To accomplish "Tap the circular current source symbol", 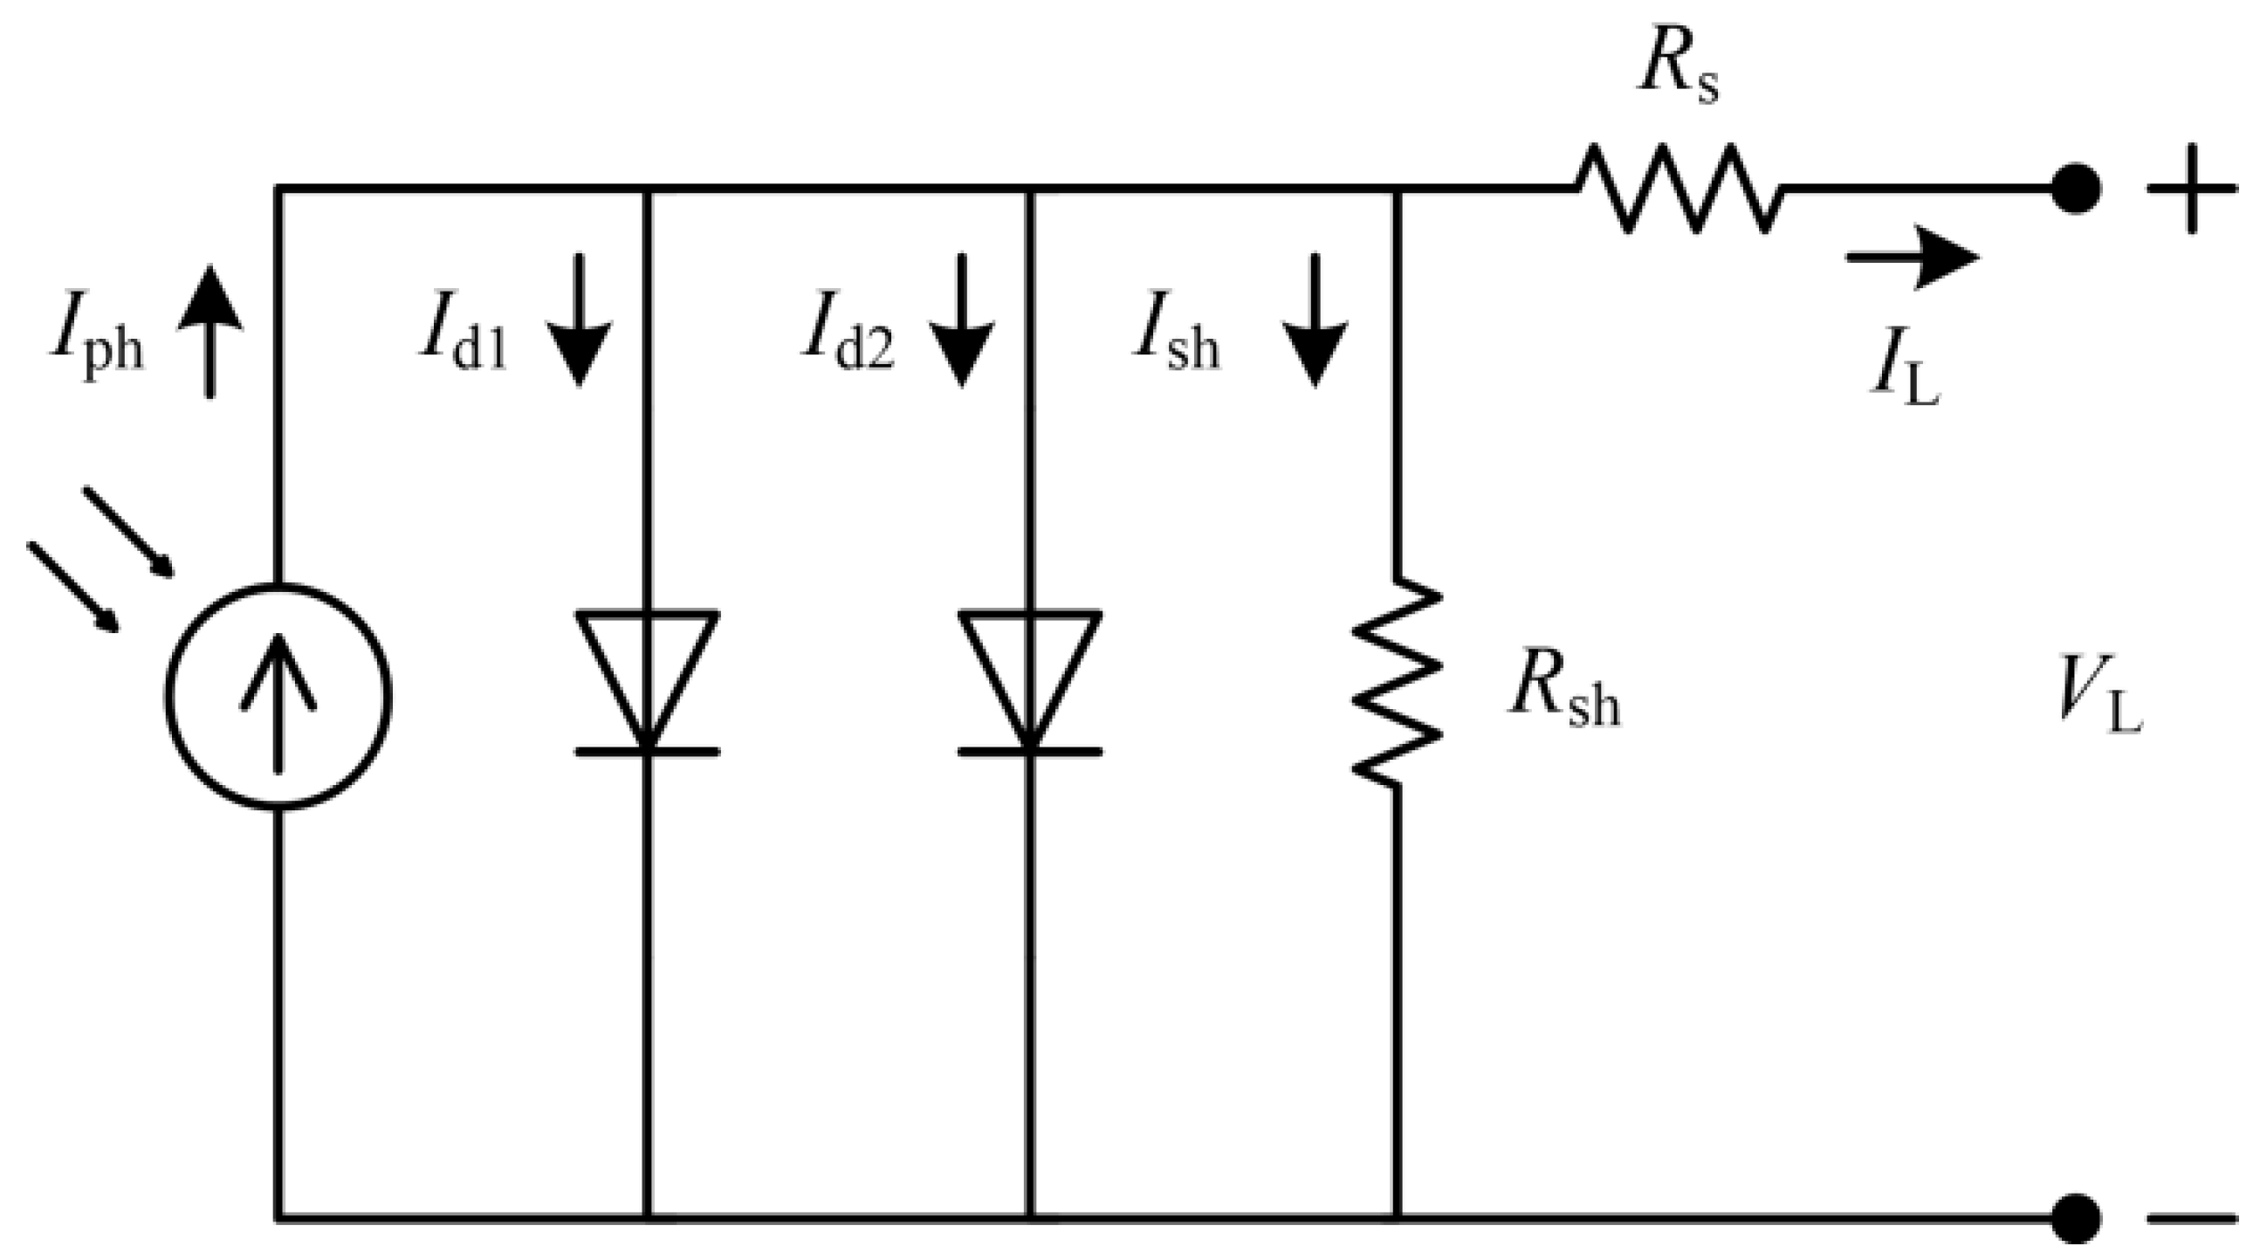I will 278,697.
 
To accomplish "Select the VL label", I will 2100,707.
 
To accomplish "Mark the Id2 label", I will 847,343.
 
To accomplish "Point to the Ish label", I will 1176,343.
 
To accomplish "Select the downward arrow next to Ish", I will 1315,320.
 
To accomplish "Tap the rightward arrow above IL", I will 1913,257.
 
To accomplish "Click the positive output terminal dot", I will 2076,189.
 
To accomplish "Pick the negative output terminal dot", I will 2076,1218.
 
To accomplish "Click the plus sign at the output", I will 2192,189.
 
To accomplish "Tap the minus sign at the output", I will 2192,1218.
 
